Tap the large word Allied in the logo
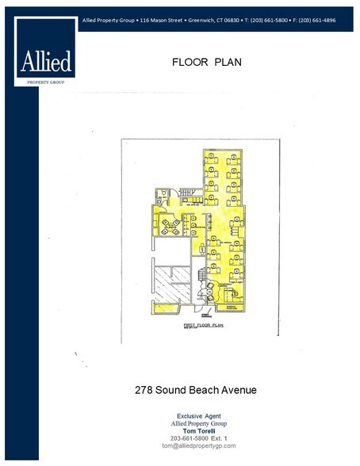click(x=46, y=61)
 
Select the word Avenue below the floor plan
click(x=240, y=390)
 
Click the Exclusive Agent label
click(x=198, y=416)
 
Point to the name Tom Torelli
click(x=198, y=430)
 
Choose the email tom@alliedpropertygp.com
click(x=198, y=445)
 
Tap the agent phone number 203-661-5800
click(x=186, y=438)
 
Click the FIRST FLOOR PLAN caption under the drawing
click(x=201, y=325)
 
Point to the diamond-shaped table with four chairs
click(x=169, y=227)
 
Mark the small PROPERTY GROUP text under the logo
click(x=46, y=80)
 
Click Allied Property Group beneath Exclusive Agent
click(x=198, y=423)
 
